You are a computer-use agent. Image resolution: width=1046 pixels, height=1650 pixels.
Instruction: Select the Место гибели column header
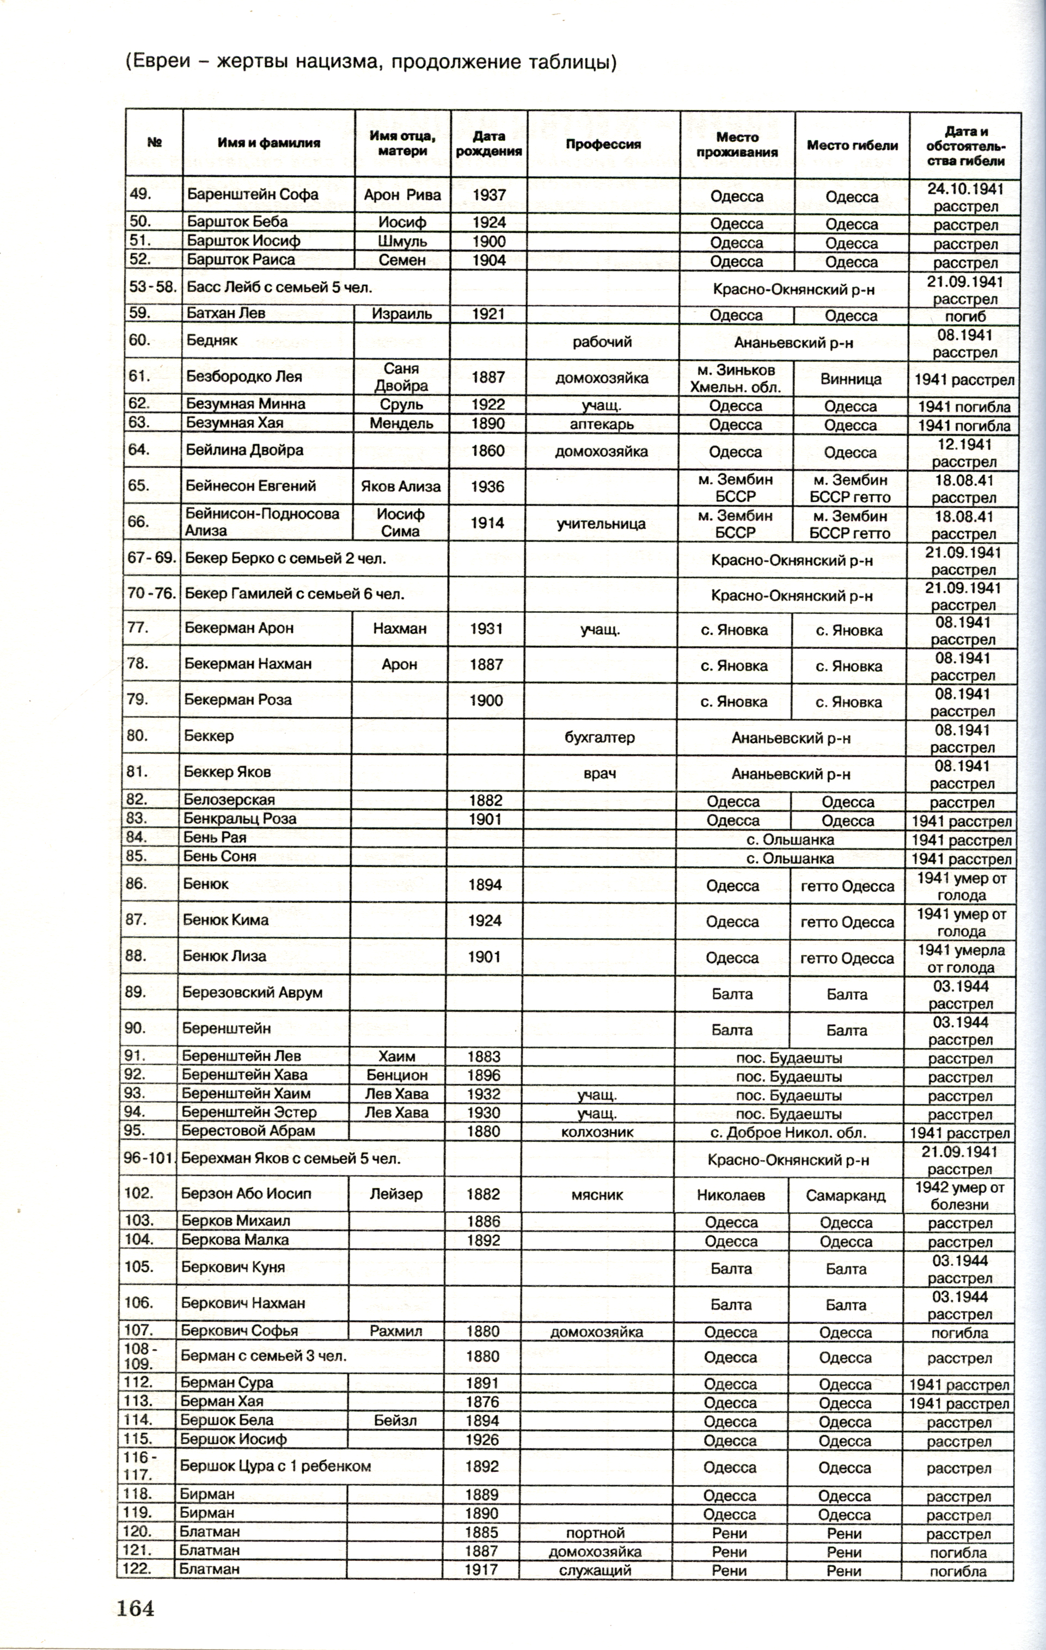tap(852, 145)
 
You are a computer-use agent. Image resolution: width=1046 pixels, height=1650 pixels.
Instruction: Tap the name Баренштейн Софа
tap(252, 194)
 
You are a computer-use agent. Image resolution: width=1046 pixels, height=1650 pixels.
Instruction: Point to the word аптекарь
tap(601, 424)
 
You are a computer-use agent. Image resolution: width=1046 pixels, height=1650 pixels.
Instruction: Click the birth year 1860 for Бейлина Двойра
tap(488, 451)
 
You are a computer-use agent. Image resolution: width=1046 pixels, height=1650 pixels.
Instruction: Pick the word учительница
tap(601, 524)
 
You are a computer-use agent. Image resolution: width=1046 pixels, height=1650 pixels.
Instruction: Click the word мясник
tap(597, 1194)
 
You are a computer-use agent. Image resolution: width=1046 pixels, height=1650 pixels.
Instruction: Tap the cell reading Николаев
tap(731, 1195)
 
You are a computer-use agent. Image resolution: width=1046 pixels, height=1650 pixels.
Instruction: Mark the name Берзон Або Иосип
tap(246, 1194)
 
